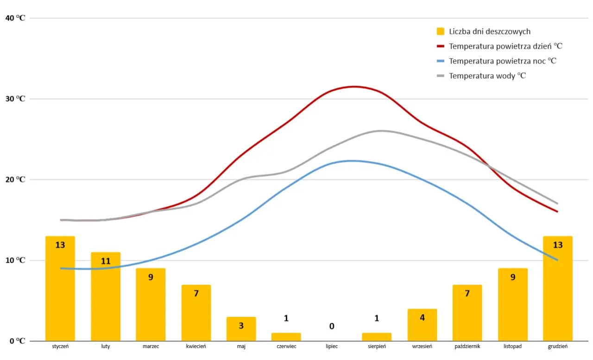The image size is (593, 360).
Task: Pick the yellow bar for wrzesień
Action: coord(422,325)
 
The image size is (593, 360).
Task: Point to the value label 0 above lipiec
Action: coord(332,326)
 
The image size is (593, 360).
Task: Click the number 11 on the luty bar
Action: coord(106,261)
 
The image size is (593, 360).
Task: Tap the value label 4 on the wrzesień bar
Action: coord(422,318)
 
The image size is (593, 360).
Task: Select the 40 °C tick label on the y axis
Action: coord(15,18)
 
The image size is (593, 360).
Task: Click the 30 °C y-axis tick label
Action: coord(15,99)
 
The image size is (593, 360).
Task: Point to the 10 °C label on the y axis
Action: coord(15,260)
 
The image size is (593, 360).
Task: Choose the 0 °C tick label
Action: coord(17,341)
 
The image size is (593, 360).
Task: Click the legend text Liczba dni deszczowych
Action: coord(490,32)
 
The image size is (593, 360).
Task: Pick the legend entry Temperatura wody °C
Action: coord(487,76)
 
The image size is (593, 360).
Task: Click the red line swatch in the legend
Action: coord(441,46)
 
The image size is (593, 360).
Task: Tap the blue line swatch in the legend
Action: coord(441,61)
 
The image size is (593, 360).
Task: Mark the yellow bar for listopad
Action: coord(512,304)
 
